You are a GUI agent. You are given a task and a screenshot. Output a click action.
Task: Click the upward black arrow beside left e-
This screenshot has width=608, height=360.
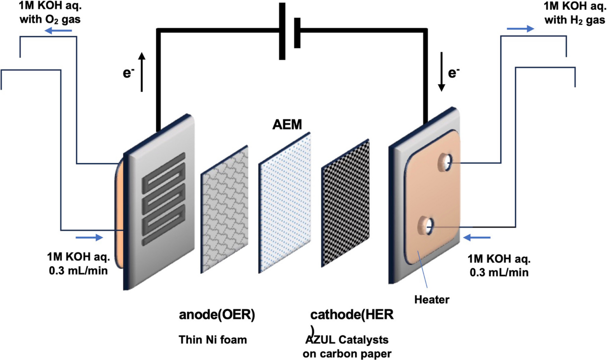pos(142,71)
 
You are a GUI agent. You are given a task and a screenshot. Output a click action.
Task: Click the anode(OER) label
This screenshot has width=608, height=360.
pos(216,315)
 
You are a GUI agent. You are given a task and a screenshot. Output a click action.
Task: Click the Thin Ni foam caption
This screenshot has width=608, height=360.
pos(213,340)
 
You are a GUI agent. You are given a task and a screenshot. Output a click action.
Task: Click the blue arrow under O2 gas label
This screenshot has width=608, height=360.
pos(56,31)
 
